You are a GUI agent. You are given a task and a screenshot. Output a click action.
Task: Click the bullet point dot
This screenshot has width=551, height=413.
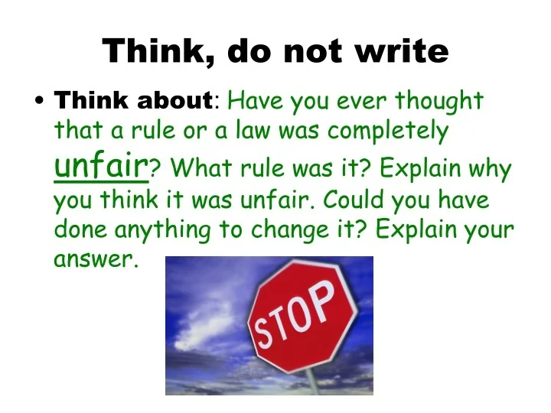pyautogui.click(x=38, y=102)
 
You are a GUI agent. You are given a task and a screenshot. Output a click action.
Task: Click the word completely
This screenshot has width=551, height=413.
pyautogui.click(x=388, y=131)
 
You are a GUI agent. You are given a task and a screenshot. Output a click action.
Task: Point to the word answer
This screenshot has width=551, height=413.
pyautogui.click(x=94, y=260)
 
